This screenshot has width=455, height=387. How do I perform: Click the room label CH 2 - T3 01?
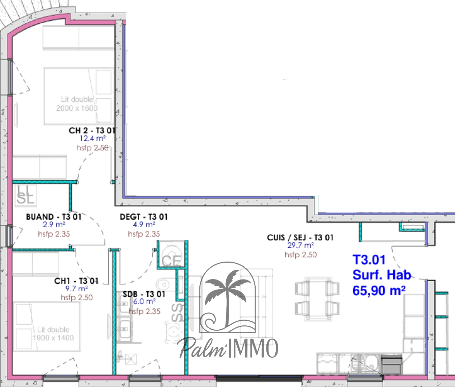pos(92,130)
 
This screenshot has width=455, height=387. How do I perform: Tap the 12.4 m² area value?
pos(93,139)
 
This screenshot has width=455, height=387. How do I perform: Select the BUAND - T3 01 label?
pos(54,217)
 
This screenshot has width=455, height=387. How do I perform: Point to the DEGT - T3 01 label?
pos(143,217)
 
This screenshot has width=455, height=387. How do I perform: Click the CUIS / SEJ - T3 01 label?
pos(300,238)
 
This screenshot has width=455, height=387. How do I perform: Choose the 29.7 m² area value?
pos(300,245)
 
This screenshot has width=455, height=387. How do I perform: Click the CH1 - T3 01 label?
pos(76,281)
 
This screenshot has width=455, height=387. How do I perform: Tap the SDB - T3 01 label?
pos(144,294)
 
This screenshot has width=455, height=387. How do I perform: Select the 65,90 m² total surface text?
pos(379,291)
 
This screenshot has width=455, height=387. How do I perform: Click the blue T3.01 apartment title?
pos(369,260)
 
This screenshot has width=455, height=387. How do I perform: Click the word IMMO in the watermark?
pos(253,348)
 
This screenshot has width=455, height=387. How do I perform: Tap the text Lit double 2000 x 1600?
pos(77,104)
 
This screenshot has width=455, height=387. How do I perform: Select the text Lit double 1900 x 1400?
pos(53,334)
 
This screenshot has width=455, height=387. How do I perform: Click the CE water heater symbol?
pos(171,260)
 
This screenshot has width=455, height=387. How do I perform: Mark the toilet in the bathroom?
pos(163,285)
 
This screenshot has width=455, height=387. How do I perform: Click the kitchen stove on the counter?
pos(391,364)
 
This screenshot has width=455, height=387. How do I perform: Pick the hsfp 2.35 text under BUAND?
pos(54,234)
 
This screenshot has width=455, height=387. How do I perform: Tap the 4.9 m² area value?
pos(144,225)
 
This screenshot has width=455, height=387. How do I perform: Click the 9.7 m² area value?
pos(76,289)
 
